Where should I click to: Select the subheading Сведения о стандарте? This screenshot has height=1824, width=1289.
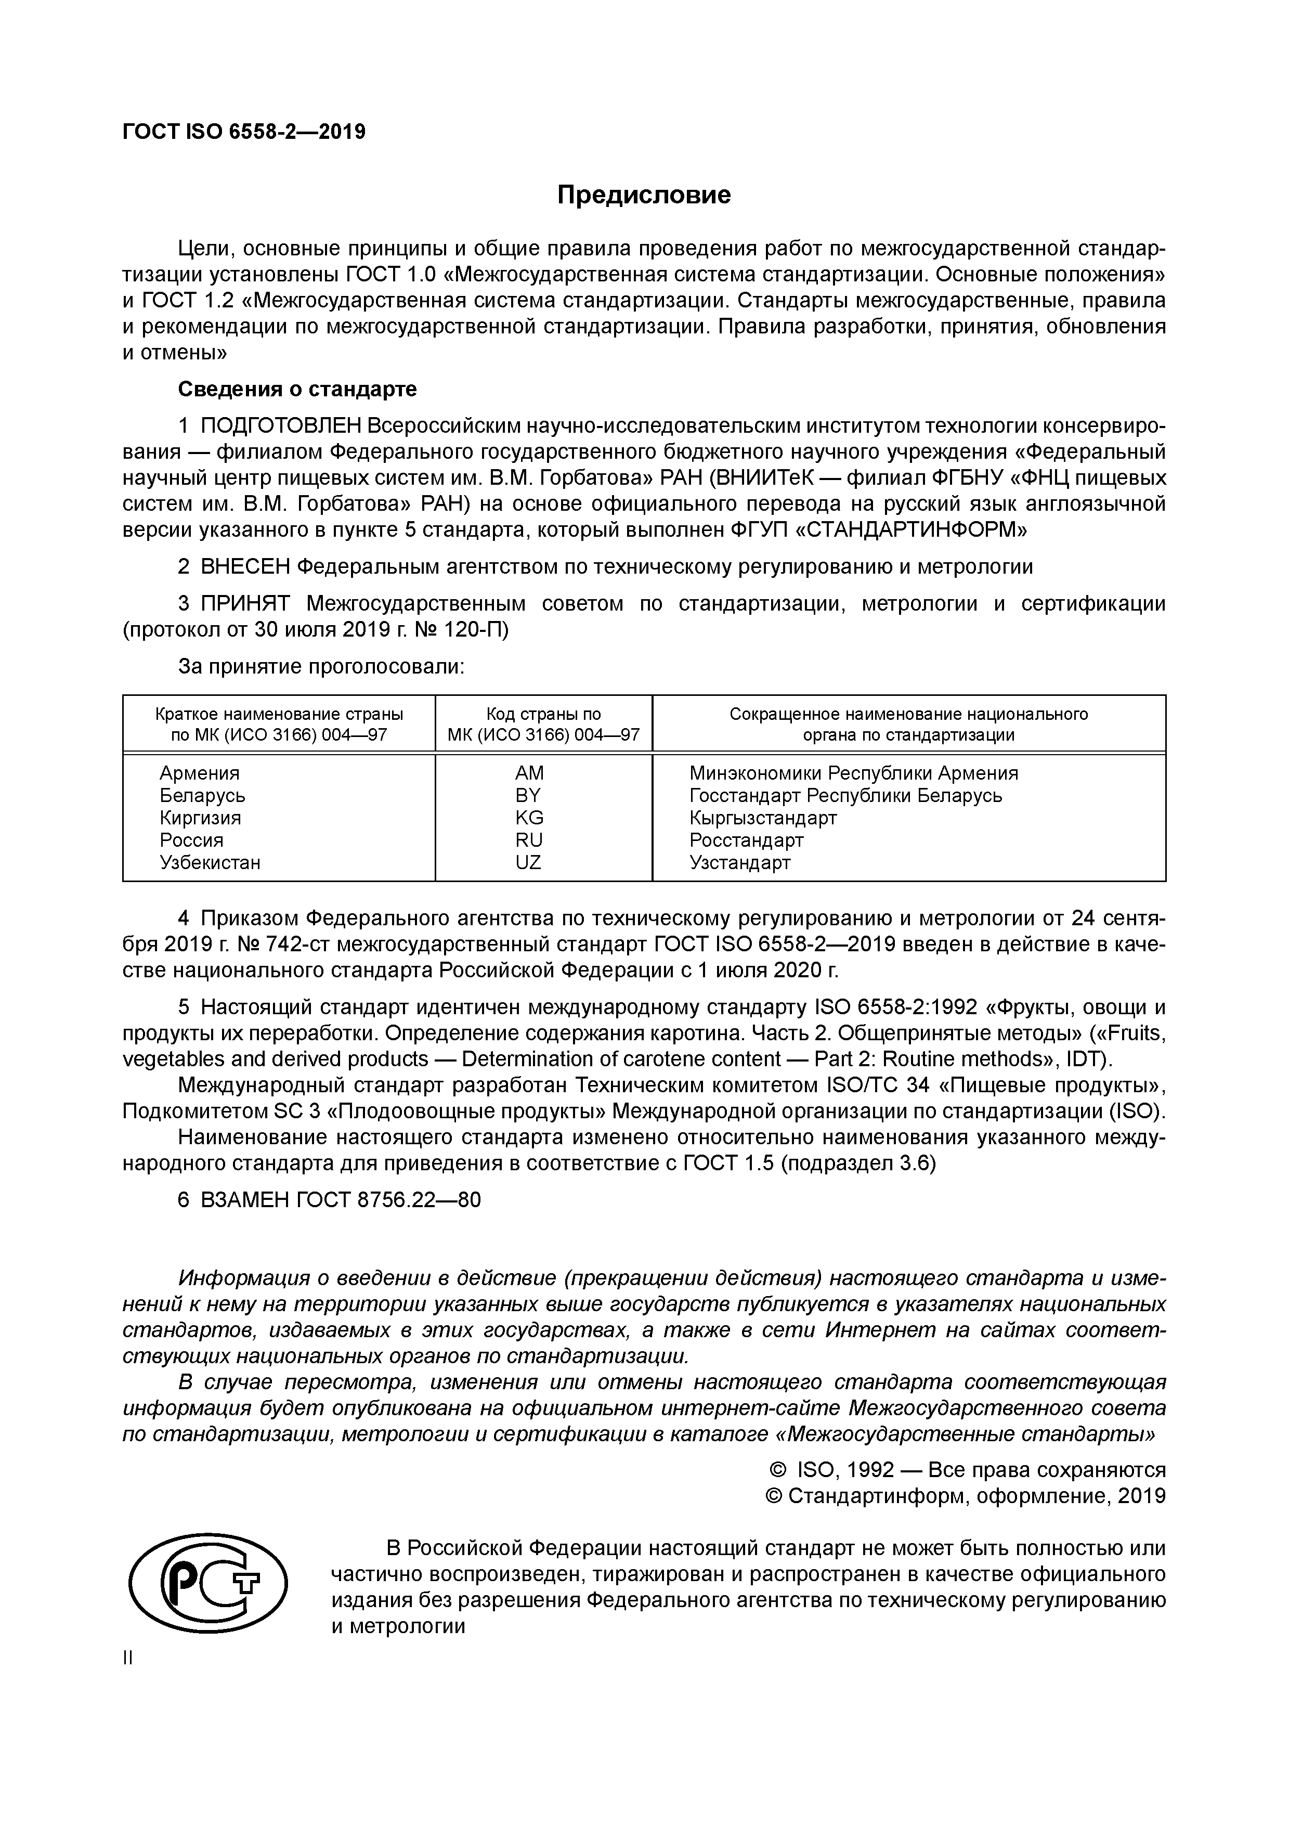click(296, 389)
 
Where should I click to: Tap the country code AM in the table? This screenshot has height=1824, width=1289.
click(529, 773)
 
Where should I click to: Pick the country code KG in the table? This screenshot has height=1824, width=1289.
click(529, 818)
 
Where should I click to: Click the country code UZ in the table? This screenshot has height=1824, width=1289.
click(528, 862)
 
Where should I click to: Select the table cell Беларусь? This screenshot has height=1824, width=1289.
click(202, 795)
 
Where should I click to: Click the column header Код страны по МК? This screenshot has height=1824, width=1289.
click(543, 723)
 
